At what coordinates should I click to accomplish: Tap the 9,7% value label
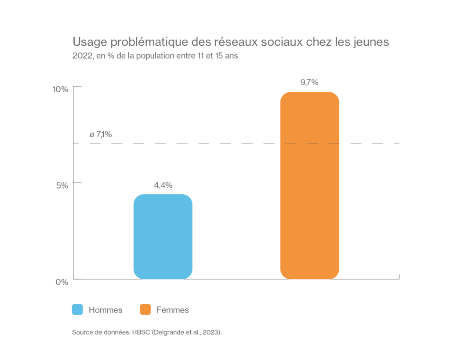(x=309, y=83)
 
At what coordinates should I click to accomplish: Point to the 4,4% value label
(x=163, y=185)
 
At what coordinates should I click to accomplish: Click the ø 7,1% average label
(x=101, y=135)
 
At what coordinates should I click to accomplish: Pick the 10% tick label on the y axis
(x=60, y=89)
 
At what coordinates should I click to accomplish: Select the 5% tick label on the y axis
(x=62, y=185)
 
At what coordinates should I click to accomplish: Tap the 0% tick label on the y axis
(x=62, y=282)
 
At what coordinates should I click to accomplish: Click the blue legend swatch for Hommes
(x=77, y=310)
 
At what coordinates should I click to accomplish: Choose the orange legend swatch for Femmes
(x=145, y=310)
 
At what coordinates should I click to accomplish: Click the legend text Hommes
(x=105, y=310)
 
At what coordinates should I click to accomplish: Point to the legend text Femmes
(x=173, y=310)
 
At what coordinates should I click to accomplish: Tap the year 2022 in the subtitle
(x=82, y=57)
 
